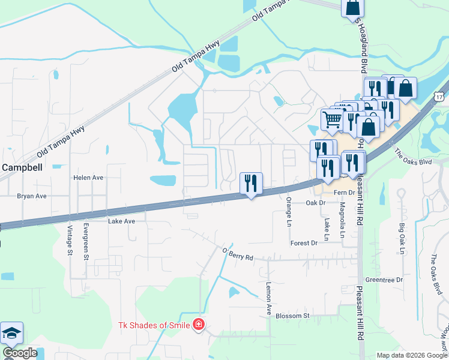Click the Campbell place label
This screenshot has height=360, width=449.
tap(22, 168)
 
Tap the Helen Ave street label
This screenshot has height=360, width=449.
tap(88, 178)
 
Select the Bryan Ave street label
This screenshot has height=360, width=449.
tap(32, 196)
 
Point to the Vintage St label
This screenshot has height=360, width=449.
tap(70, 237)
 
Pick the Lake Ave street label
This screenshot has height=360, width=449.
tap(122, 221)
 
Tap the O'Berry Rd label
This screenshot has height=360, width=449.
tap(238, 254)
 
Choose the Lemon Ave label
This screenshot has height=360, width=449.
tap(269, 299)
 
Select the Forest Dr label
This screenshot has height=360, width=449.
tap(303, 243)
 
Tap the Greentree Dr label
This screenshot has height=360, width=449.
tap(384, 280)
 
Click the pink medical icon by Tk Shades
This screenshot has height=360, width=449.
tap(199, 325)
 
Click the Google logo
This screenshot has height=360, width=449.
tap(20, 353)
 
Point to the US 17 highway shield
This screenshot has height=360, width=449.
tap(441, 96)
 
